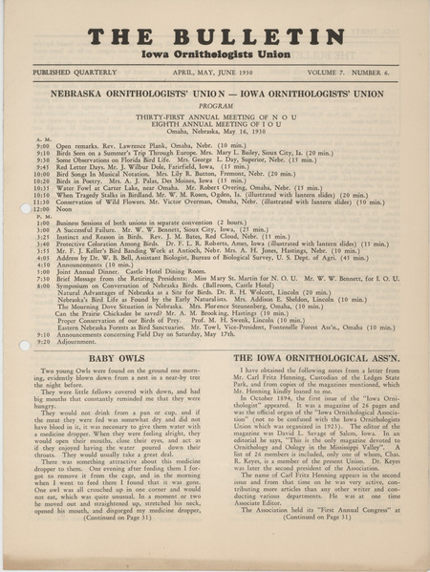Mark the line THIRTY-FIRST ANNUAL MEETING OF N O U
pos(214,117)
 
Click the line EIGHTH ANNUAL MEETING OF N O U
pos(214,124)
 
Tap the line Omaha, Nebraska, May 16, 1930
pos(214,132)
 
